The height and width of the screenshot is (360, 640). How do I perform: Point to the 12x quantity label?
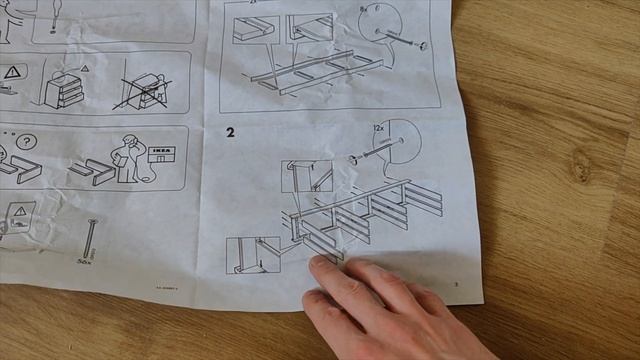(377, 129)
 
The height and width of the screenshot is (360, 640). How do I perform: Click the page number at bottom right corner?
(456, 284)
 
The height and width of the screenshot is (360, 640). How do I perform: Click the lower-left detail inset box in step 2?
(252, 255)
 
